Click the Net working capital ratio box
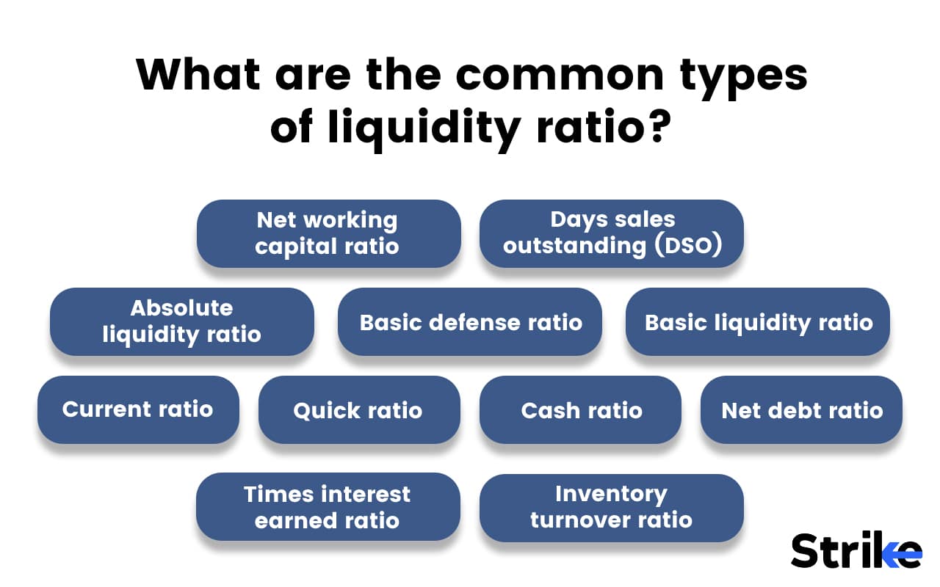point(328,233)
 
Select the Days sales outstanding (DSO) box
point(612,233)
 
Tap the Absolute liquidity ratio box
point(181,321)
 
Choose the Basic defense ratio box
point(470,322)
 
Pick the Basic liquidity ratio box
point(758,322)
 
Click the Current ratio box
point(138,409)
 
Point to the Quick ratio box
point(358,410)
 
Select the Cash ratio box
point(581,410)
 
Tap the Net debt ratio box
point(801,410)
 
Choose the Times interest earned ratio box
point(328,507)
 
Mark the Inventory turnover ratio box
point(611,507)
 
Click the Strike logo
point(856,550)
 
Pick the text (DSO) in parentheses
point(685,245)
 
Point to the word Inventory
point(611,494)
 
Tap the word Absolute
point(181,308)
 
